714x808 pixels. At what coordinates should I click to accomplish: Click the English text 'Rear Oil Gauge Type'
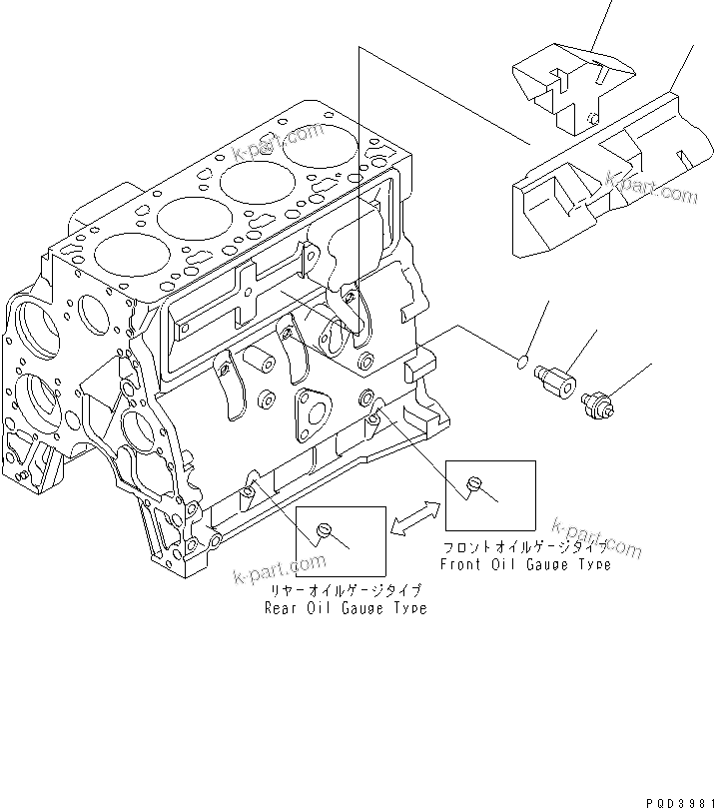pyautogui.click(x=345, y=608)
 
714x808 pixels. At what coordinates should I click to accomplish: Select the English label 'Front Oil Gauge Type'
pyautogui.click(x=525, y=564)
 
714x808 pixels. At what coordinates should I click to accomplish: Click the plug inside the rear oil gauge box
pyautogui.click(x=323, y=529)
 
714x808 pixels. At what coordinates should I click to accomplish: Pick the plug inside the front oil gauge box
pyautogui.click(x=475, y=484)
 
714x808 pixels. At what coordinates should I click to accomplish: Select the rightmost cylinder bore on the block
pyautogui.click(x=313, y=146)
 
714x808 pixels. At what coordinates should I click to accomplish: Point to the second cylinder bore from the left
pyautogui.click(x=187, y=217)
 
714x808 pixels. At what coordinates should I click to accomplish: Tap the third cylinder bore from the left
pyautogui.click(x=252, y=182)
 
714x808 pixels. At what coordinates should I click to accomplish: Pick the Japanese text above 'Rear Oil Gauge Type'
pyautogui.click(x=345, y=591)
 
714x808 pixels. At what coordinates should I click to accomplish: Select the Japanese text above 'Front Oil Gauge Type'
pyautogui.click(x=525, y=548)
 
